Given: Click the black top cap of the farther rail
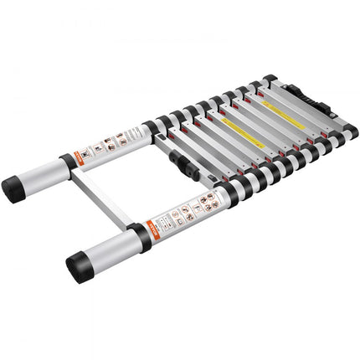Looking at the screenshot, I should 270,82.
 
